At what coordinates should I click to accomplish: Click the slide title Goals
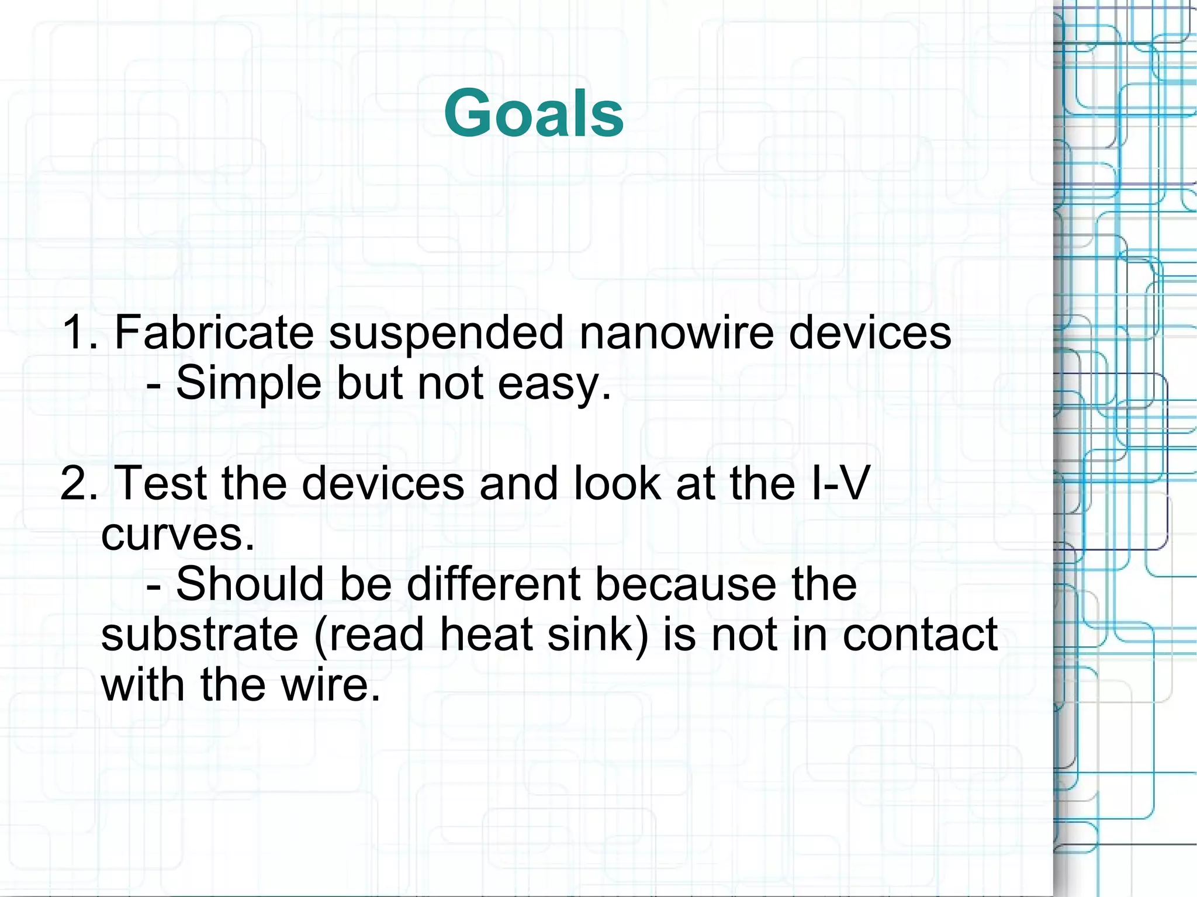point(534,113)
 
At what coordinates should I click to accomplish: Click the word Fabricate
point(214,333)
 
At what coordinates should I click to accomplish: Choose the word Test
point(161,484)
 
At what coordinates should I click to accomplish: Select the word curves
point(177,534)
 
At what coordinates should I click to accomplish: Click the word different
point(493,584)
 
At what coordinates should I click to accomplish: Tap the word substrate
point(199,635)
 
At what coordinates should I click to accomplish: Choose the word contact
point(919,635)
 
